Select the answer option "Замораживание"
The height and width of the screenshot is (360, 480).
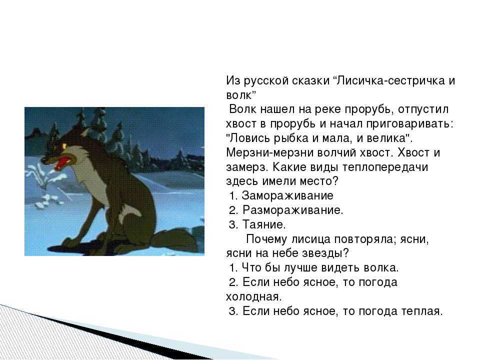coord(287,195)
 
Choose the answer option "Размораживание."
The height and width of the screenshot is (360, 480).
coord(293,210)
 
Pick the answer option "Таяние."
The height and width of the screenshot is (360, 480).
coord(264,224)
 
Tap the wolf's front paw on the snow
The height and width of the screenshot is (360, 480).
coord(71,241)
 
